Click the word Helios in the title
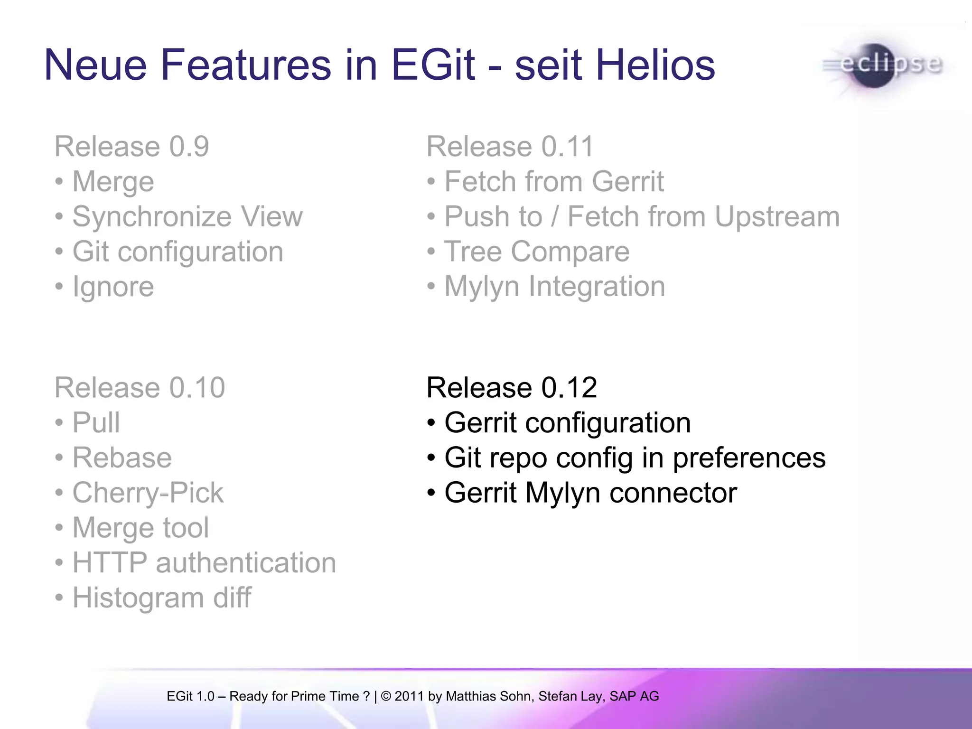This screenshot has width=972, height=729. [x=655, y=65]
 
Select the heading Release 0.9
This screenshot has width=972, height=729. [x=131, y=146]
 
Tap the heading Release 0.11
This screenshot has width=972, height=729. [x=510, y=146]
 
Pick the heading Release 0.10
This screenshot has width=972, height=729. [x=140, y=387]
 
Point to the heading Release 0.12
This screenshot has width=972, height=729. [x=511, y=387]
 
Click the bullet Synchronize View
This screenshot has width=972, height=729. [x=187, y=217]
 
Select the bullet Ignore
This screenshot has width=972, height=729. [x=113, y=287]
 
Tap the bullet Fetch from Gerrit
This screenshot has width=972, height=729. [x=553, y=182]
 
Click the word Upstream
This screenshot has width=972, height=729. [x=777, y=217]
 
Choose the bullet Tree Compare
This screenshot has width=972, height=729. [x=536, y=252]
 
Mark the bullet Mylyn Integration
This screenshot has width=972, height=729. [x=554, y=287]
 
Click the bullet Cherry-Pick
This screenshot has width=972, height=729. [x=148, y=493]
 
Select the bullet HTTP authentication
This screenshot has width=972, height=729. [x=204, y=562]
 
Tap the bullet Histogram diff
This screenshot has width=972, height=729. [x=161, y=598]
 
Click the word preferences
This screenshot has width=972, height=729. [x=749, y=458]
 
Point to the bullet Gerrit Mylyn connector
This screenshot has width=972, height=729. [x=590, y=493]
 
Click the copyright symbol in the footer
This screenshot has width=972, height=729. [x=386, y=696]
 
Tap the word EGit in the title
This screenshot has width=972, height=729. [x=433, y=65]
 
